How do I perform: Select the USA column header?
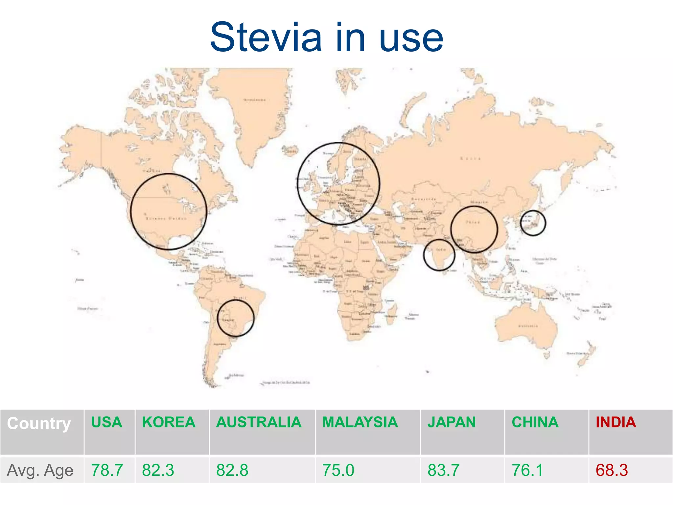click(106, 422)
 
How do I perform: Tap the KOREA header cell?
click(169, 422)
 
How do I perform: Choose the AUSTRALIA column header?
click(259, 422)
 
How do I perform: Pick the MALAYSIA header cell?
click(360, 422)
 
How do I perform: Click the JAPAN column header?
click(451, 422)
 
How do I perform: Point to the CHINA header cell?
click(535, 422)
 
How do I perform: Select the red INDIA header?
click(616, 422)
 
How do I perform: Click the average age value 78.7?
click(107, 470)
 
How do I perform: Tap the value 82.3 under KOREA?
click(158, 470)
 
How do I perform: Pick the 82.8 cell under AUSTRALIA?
click(232, 470)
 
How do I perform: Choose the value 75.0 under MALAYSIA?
click(338, 470)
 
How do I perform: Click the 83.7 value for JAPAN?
click(443, 470)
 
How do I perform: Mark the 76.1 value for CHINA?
click(527, 470)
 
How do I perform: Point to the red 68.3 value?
click(612, 470)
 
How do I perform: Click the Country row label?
click(39, 423)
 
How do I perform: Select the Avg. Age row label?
click(40, 470)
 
